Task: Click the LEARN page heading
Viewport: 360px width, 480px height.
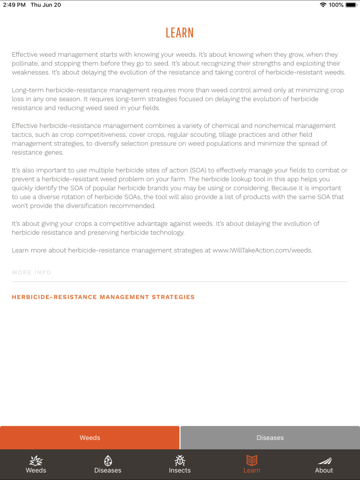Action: tap(180, 33)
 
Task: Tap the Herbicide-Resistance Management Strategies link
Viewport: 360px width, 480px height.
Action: tap(103, 297)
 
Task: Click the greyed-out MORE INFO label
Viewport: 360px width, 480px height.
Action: tap(32, 272)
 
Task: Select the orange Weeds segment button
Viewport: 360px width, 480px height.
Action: tap(90, 438)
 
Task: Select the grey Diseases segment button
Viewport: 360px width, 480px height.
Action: tap(270, 438)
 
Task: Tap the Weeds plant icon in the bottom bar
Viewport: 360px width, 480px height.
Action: tap(36, 461)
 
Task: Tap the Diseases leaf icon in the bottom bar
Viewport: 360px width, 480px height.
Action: tap(108, 461)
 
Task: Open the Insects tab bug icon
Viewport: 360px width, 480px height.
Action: tap(180, 461)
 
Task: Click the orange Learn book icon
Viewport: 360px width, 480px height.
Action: tap(252, 461)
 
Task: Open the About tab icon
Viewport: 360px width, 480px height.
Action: tap(324, 461)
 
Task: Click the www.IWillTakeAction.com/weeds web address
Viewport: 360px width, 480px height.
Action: tap(262, 250)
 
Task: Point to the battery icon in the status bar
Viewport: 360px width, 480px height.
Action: tap(351, 5)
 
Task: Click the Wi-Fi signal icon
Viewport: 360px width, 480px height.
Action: tap(323, 5)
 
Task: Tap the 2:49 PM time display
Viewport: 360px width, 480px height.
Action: tap(14, 5)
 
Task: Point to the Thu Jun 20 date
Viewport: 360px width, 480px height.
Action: tap(46, 5)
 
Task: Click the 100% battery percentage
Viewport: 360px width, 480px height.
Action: tap(336, 5)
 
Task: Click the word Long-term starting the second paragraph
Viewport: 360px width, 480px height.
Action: tap(28, 90)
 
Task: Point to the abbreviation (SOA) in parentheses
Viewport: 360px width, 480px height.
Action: tap(198, 170)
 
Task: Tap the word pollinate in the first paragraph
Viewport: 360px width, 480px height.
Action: tap(25, 64)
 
